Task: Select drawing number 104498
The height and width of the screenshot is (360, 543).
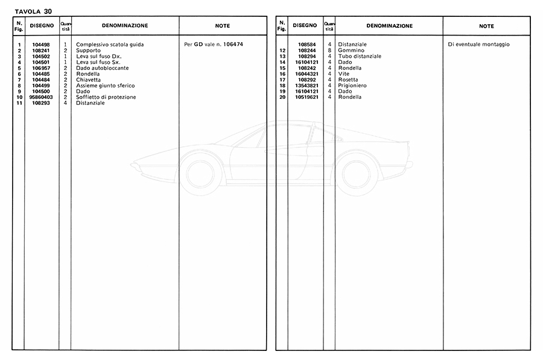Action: point(42,45)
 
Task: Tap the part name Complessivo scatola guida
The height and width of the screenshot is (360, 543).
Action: point(110,45)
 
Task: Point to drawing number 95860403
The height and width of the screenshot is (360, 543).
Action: point(41,97)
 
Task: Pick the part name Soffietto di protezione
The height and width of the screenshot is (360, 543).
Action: point(106,97)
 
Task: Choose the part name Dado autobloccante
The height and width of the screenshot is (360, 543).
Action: point(103,68)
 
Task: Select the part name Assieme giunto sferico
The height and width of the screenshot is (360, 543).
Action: point(106,86)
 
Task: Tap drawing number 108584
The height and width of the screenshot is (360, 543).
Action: point(307,45)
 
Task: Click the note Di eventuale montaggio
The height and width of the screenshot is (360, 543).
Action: point(479,45)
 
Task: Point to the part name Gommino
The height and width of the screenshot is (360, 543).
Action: point(351,51)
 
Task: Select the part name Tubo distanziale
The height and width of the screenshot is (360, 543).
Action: point(360,56)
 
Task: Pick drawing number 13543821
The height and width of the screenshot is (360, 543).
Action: point(306,86)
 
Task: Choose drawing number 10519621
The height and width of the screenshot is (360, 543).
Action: point(306,97)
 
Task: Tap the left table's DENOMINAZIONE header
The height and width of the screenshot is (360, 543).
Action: point(125,26)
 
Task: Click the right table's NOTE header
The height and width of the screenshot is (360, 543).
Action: point(486,26)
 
